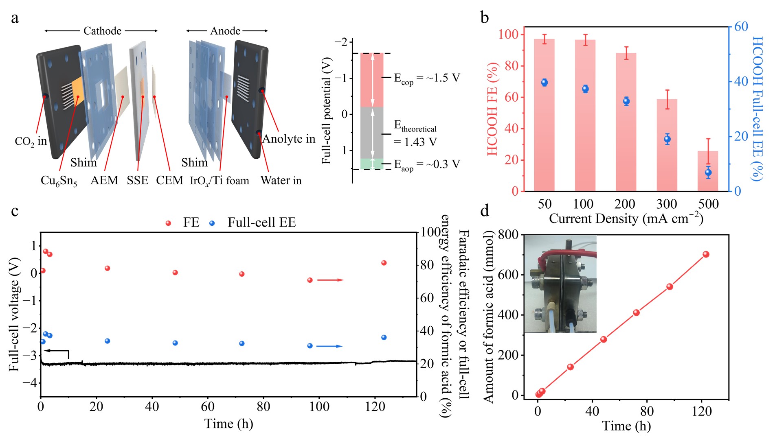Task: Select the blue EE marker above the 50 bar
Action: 544,83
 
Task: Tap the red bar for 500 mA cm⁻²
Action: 708,171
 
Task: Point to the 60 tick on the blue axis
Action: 742,27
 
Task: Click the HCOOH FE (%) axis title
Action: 492,109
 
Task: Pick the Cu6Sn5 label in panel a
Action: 59,181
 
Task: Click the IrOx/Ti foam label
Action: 220,181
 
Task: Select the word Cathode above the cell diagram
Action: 102,31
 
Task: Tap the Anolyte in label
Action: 288,139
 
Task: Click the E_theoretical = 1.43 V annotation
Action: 415,134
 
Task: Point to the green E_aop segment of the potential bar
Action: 372,164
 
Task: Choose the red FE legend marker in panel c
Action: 168,223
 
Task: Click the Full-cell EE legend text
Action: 261,223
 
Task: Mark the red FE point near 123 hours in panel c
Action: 384,263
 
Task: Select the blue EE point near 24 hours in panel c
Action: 108,341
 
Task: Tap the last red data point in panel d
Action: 706,254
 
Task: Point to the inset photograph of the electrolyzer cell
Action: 560,284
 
